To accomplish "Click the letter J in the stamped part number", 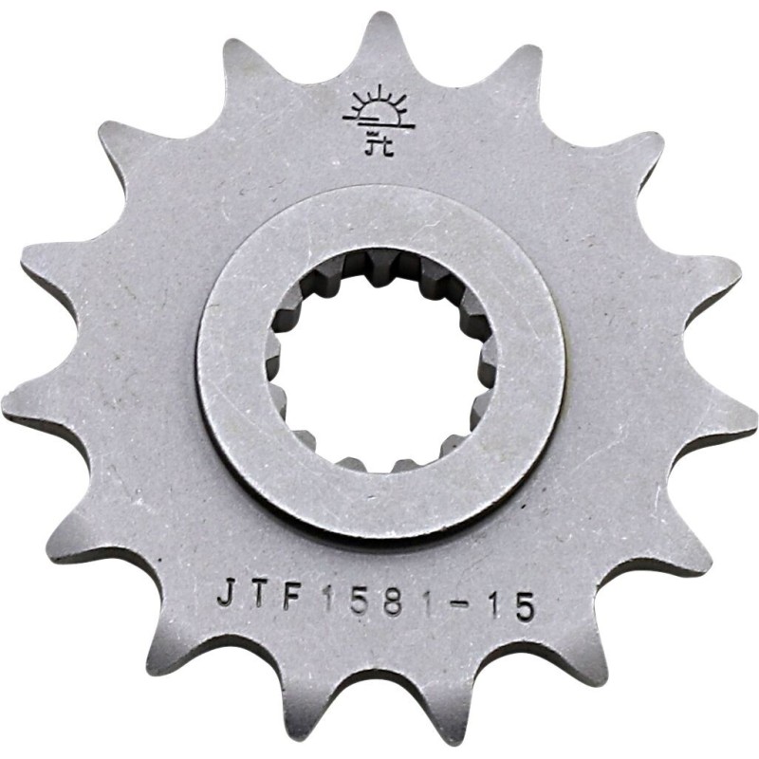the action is click(224, 594).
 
